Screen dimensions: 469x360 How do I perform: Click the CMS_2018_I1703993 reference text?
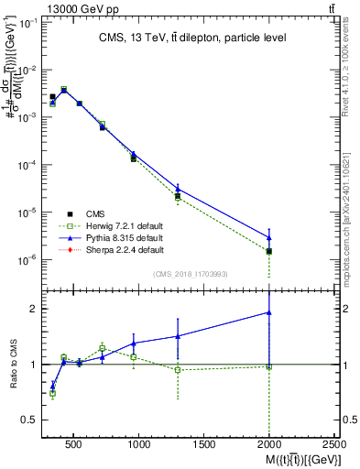coord(191,274)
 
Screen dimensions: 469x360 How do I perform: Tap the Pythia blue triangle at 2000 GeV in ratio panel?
coord(269,312)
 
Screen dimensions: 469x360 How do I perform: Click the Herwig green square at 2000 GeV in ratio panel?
coord(269,366)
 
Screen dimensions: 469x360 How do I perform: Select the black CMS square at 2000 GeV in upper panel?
coord(269,251)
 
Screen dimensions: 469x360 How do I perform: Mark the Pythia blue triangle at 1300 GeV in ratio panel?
coord(178,336)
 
